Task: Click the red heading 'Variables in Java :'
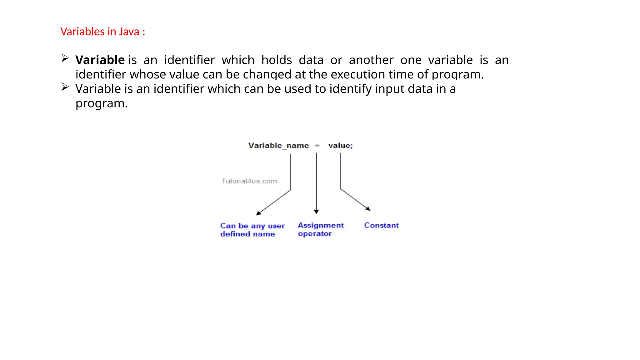click(x=102, y=32)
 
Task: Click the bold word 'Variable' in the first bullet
click(x=100, y=60)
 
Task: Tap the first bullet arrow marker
click(x=65, y=58)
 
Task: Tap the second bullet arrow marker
click(x=65, y=87)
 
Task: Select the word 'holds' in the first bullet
click(x=277, y=60)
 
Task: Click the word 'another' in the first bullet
click(x=371, y=60)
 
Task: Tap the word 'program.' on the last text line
click(x=102, y=103)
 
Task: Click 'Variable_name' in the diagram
click(x=278, y=146)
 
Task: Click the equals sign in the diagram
click(x=317, y=146)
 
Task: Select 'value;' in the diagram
click(x=340, y=146)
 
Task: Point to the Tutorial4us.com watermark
click(x=249, y=181)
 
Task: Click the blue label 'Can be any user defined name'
click(x=252, y=230)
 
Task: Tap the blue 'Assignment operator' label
click(x=320, y=229)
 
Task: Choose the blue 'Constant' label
click(x=381, y=225)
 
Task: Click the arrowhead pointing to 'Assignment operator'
click(x=316, y=212)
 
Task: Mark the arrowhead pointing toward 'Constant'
click(x=368, y=209)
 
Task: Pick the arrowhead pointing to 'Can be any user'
click(x=258, y=213)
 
